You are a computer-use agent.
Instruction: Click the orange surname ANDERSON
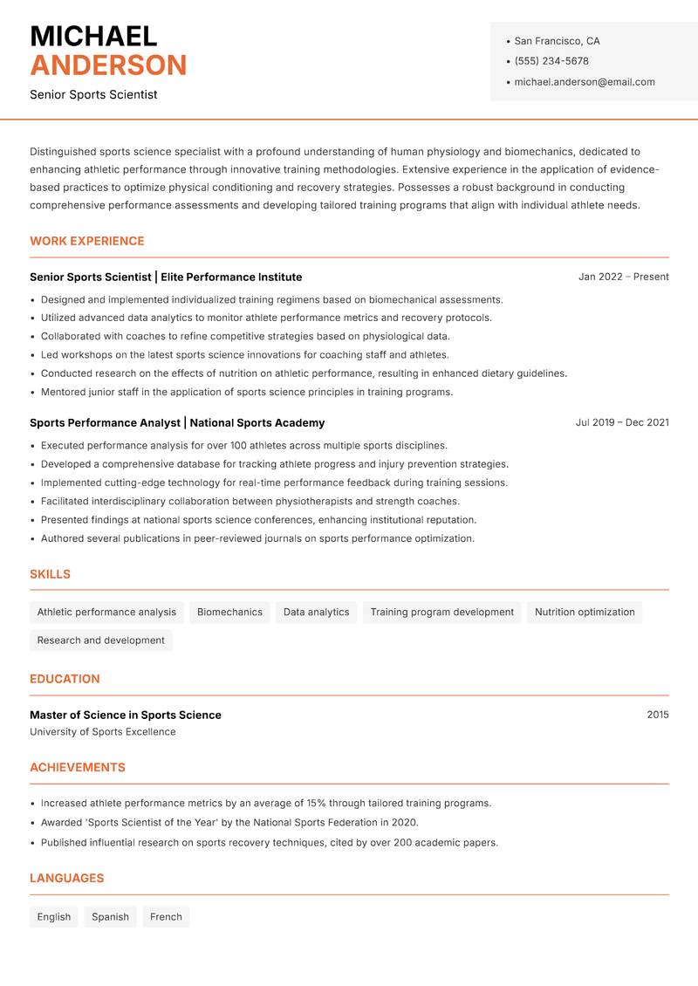point(108,65)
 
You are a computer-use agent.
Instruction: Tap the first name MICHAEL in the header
point(93,37)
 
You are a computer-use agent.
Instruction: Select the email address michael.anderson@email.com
point(584,82)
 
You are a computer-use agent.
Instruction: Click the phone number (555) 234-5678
point(551,61)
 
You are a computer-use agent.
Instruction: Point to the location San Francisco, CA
point(557,41)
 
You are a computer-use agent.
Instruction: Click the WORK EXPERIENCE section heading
point(87,241)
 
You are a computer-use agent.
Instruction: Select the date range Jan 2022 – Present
point(623,277)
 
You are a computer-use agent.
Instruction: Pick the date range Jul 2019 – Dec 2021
point(622,422)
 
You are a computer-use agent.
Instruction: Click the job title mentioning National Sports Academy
point(177,422)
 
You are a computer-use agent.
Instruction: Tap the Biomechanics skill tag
point(229,612)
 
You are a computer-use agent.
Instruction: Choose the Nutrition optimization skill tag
point(585,612)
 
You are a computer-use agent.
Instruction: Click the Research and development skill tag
point(101,640)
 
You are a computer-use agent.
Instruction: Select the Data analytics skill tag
point(316,612)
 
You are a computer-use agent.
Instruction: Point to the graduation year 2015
point(658,715)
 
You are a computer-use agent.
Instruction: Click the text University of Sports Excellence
point(103,732)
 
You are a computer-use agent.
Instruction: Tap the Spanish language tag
point(110,917)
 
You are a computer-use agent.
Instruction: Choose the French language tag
point(166,917)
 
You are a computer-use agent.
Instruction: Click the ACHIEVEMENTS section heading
point(78,768)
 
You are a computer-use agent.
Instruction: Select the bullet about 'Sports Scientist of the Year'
point(229,823)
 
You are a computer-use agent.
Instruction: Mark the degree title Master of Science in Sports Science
point(126,715)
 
